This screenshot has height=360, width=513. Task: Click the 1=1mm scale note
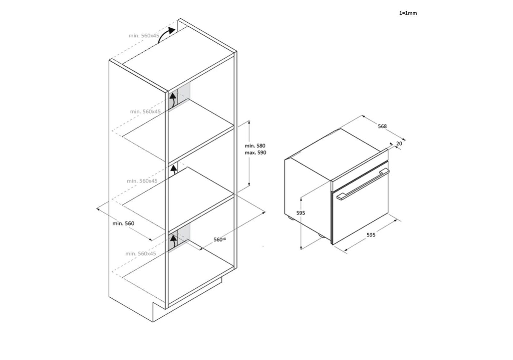[408, 13]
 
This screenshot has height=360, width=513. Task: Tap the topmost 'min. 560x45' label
[144, 36]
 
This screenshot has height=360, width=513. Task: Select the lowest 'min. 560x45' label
[141, 253]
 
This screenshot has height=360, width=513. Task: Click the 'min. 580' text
[255, 146]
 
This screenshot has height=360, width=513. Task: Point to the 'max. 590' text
[255, 153]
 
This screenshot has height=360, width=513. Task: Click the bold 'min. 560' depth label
[123, 223]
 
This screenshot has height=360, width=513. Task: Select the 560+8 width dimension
[220, 239]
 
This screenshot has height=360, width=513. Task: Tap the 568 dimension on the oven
[382, 126]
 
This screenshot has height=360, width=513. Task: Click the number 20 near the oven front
[399, 143]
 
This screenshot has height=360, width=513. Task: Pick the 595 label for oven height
[301, 213]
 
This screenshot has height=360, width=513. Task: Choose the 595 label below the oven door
[371, 235]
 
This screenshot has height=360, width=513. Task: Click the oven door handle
[363, 184]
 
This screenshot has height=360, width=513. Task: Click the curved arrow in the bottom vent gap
[174, 241]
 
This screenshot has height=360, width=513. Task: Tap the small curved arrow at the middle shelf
[174, 170]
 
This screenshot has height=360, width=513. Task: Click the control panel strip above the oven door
[360, 170]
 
